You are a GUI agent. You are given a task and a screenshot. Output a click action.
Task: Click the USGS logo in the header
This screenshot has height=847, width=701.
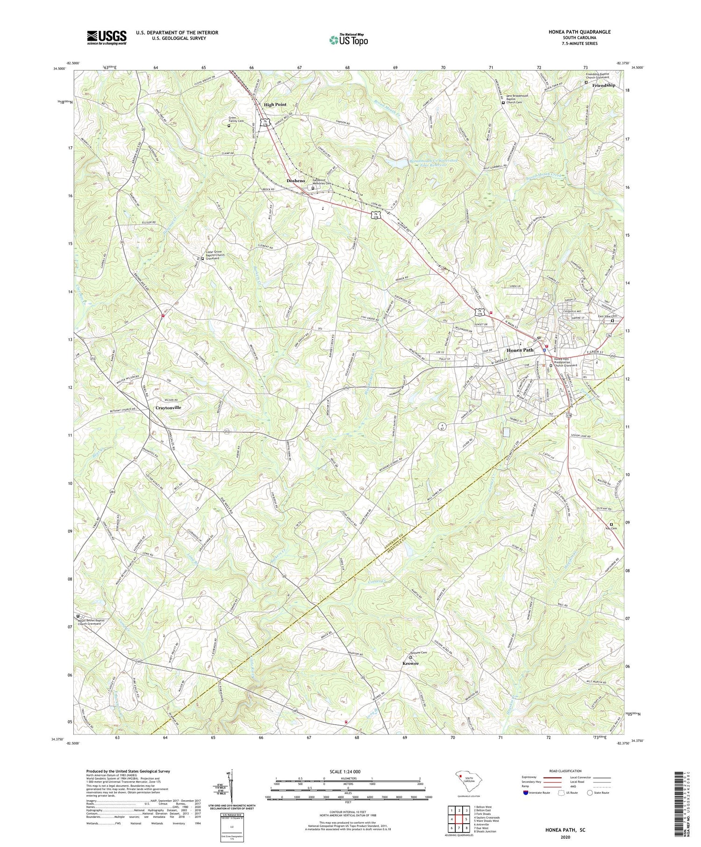pyautogui.click(x=107, y=37)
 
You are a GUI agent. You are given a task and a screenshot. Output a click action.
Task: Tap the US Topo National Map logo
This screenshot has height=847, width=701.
pyautogui.click(x=348, y=40)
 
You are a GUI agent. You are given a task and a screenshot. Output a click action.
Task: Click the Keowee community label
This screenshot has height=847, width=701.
pyautogui.click(x=411, y=663)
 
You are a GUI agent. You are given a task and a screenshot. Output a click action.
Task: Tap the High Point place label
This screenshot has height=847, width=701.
pyautogui.click(x=275, y=105)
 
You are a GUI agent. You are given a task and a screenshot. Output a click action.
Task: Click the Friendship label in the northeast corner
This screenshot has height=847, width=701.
pyautogui.click(x=603, y=85)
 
